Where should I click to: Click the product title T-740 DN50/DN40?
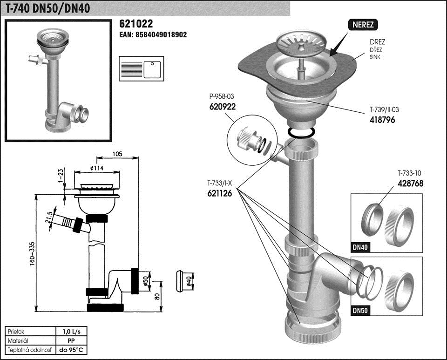point(47,8)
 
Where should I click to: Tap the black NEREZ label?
point(363,25)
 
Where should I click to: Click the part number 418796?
point(382,120)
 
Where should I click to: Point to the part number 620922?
point(223,107)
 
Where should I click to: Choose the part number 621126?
point(219,194)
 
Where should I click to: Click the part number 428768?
point(410,183)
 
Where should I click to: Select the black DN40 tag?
point(360,247)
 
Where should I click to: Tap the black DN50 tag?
point(360,311)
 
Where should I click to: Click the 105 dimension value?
point(117,154)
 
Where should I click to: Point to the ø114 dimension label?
point(97,168)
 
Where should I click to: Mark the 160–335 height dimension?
point(32,254)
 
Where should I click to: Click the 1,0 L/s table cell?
point(72,332)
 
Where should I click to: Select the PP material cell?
point(72,340)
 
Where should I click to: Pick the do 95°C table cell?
point(72,350)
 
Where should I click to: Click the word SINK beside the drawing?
point(375,57)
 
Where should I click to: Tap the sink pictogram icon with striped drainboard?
point(142,69)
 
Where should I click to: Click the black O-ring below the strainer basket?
point(301,133)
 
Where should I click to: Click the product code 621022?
point(136,24)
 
